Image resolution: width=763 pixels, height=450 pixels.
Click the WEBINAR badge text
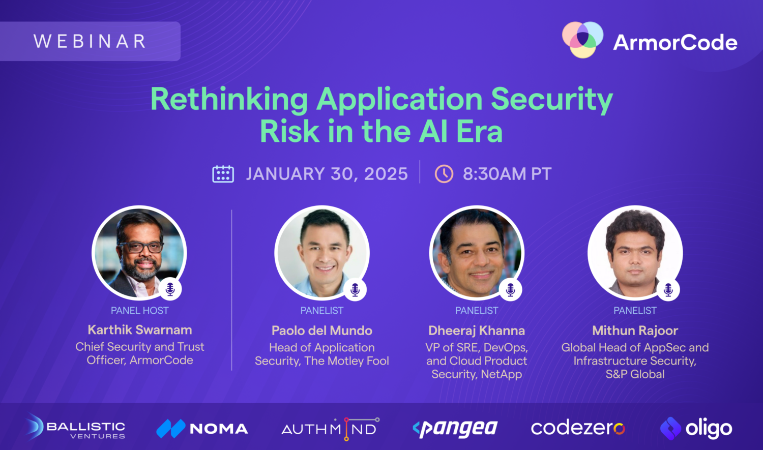[90, 41]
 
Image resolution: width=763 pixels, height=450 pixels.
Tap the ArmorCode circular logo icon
[582, 40]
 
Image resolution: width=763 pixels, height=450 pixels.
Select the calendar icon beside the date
[223, 174]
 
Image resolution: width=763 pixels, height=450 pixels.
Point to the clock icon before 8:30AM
[444, 174]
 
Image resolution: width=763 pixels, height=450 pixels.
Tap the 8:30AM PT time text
[507, 174]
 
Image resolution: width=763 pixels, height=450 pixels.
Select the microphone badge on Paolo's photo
[355, 289]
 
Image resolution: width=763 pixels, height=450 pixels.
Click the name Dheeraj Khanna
[477, 331]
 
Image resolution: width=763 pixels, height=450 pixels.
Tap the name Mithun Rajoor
[635, 331]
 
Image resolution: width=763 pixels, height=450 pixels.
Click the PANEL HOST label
[139, 311]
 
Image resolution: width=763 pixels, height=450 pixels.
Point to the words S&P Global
[635, 374]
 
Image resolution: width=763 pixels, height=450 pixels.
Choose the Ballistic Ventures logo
[76, 428]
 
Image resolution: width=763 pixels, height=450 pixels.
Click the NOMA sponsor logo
[202, 429]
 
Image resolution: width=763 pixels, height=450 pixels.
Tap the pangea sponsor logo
[455, 429]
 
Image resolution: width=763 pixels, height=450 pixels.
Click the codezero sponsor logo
[578, 428]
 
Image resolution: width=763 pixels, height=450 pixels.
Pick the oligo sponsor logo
[696, 429]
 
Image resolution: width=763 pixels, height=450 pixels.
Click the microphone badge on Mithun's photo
[668, 289]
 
